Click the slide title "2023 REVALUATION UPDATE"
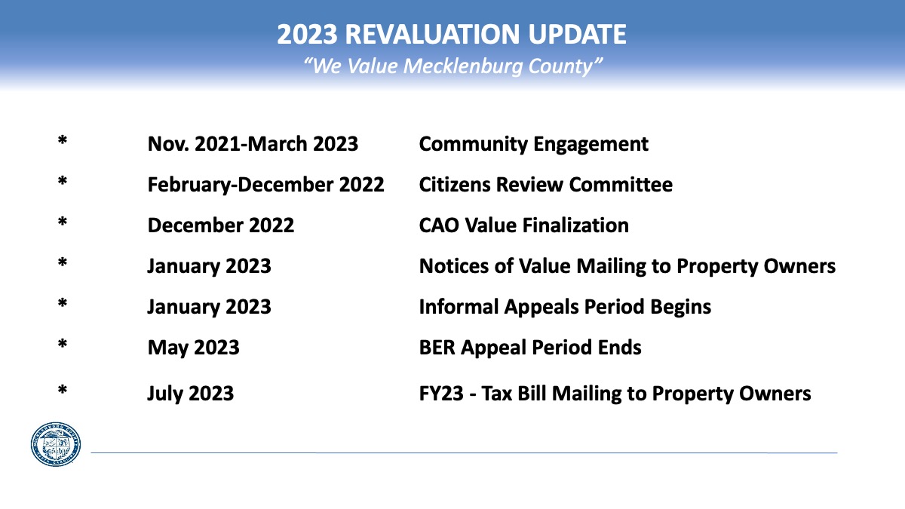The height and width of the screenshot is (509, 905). tap(452, 34)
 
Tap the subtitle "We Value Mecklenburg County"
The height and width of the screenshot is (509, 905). tap(452, 66)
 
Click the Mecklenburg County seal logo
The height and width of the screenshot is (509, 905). tap(56, 444)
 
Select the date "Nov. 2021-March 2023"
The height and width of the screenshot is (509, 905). tap(253, 144)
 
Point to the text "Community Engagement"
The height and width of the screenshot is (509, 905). tap(534, 145)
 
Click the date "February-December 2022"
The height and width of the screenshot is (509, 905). tap(265, 185)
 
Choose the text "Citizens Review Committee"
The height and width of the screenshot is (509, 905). tap(546, 185)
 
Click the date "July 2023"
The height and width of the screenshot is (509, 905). tap(190, 394)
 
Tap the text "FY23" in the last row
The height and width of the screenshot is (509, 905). tap(441, 394)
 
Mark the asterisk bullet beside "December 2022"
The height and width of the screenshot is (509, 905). tap(62, 222)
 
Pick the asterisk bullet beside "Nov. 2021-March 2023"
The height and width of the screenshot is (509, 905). tap(62, 140)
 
